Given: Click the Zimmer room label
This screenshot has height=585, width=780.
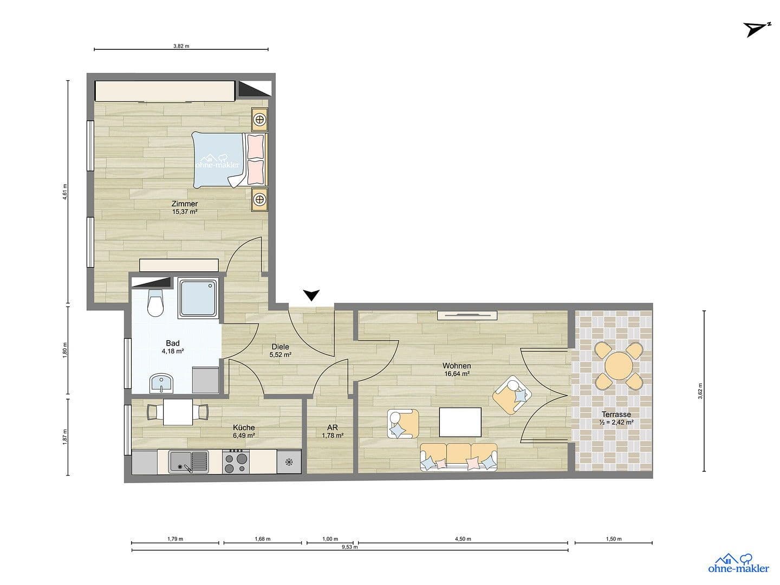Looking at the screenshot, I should pyautogui.click(x=184, y=204).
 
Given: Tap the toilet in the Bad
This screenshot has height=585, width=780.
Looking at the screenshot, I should pyautogui.click(x=155, y=303).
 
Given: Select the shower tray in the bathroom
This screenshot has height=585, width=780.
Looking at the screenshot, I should pyautogui.click(x=198, y=298).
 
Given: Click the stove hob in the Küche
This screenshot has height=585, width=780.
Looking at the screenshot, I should pyautogui.click(x=236, y=462).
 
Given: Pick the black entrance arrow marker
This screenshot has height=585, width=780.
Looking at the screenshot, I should pyautogui.click(x=311, y=295).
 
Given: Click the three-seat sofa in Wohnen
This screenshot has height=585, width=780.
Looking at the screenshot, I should pyautogui.click(x=459, y=457).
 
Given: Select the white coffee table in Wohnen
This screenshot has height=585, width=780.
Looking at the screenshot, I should pyautogui.click(x=460, y=422).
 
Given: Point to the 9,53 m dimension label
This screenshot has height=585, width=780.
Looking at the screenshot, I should pyautogui.click(x=349, y=547).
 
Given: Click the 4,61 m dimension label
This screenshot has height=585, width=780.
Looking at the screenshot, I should pyautogui.click(x=65, y=192).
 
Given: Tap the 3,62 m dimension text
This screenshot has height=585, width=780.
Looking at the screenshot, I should pyautogui.click(x=700, y=391).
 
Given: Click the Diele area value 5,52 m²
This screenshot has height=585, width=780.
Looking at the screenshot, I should pyautogui.click(x=281, y=355).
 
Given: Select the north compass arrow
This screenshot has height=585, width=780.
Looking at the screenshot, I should pyautogui.click(x=756, y=29).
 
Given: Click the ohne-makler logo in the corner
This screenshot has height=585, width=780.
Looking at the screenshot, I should pyautogui.click(x=738, y=563).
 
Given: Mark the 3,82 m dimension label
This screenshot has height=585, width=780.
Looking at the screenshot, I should pyautogui.click(x=181, y=46).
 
